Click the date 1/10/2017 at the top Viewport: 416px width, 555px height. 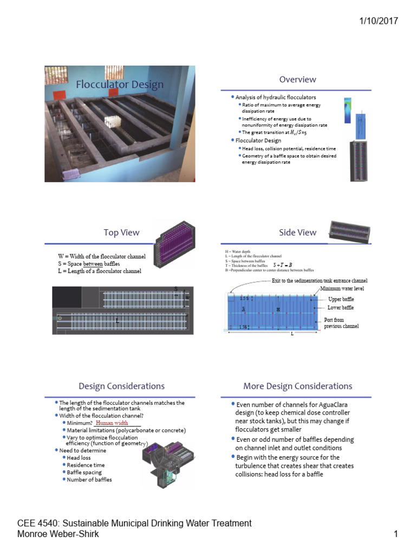(379, 21)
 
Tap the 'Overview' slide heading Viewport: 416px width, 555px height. (297, 79)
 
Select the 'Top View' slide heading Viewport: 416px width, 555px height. (121, 233)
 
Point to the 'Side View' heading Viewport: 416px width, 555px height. (297, 233)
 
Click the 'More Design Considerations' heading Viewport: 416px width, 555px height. (297, 386)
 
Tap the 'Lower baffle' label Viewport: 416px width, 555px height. (341, 308)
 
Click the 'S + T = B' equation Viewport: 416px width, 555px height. (282, 265)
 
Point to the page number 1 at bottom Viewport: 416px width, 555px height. (396, 535)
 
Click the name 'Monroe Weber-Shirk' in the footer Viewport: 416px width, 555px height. (58, 534)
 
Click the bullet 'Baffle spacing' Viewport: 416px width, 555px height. (84, 472)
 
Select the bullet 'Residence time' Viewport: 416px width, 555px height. (86, 465)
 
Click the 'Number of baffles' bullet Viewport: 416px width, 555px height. (89, 480)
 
